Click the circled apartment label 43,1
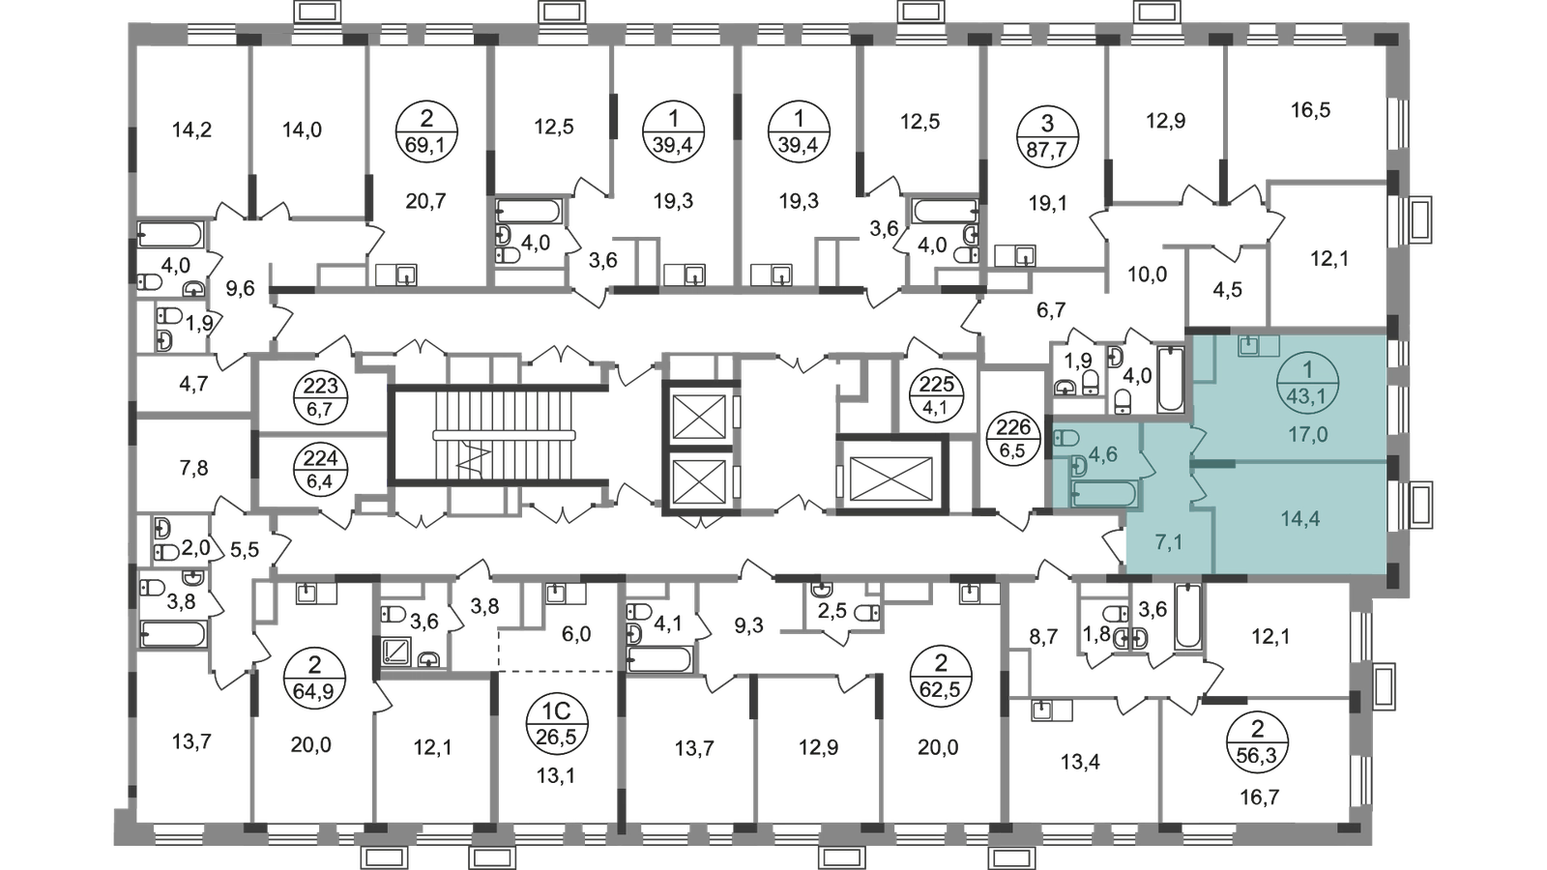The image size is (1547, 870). (1308, 383)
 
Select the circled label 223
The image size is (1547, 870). (320, 396)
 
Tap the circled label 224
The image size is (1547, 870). (320, 469)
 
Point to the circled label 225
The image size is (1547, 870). (937, 394)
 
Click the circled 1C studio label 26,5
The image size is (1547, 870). (556, 725)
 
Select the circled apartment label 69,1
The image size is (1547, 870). (426, 131)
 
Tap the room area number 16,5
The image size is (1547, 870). (1310, 110)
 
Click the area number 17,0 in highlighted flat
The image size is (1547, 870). (1307, 434)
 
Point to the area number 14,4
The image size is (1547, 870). (1300, 518)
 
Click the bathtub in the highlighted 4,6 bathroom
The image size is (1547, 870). (1103, 494)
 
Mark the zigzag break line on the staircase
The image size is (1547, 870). (476, 459)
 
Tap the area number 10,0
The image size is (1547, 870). (1147, 275)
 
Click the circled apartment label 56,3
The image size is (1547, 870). (1258, 743)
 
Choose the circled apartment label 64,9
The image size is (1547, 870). (314, 679)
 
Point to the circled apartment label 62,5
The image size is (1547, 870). (940, 677)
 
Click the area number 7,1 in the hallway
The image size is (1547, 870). (1168, 542)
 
